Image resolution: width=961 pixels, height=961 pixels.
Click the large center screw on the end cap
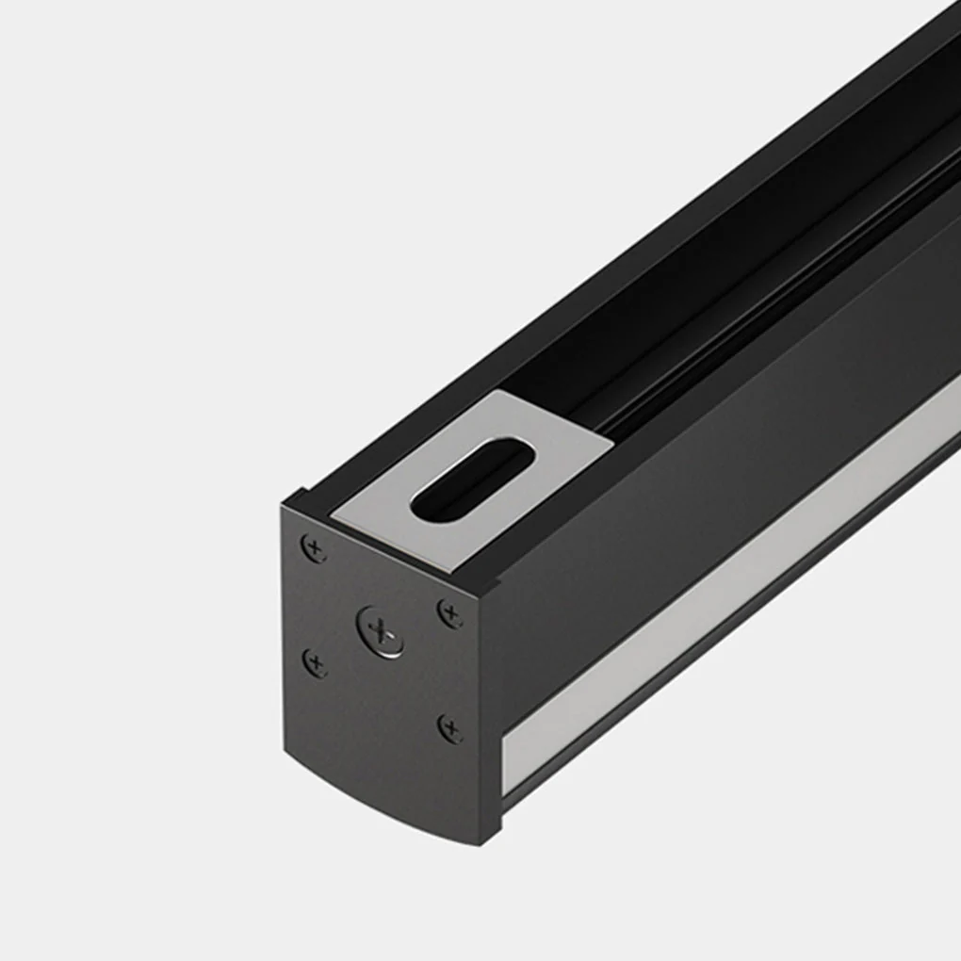[381, 630]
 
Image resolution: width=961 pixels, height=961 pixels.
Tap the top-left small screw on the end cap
[314, 547]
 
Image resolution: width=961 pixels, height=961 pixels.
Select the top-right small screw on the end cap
[451, 614]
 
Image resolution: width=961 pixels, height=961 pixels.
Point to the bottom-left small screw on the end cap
[315, 662]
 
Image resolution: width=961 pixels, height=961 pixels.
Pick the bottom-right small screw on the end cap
[451, 727]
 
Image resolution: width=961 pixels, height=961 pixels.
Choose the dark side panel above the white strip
[716, 471]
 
